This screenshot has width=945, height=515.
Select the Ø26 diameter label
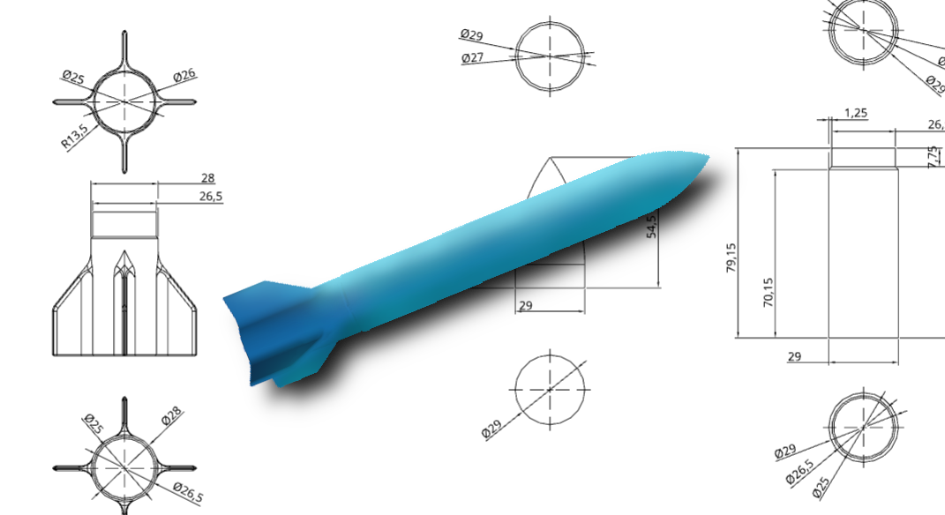pos(184,76)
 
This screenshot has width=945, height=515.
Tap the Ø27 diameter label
pos(473,58)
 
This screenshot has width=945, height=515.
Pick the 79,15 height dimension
pos(731,258)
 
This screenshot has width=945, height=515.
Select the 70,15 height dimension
pos(768,292)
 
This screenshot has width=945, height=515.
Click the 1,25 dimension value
pos(855,113)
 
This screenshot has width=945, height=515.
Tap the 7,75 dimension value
pos(934,157)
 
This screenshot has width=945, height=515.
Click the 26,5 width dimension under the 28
pos(209,197)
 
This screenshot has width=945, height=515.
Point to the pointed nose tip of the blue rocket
pos(707,157)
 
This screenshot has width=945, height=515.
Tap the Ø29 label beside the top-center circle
pos(471,35)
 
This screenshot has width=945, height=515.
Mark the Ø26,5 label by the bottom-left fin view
pos(187,494)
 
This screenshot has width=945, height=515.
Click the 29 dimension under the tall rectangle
pos(794,355)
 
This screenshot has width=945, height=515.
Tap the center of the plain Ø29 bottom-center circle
pos(550,389)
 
